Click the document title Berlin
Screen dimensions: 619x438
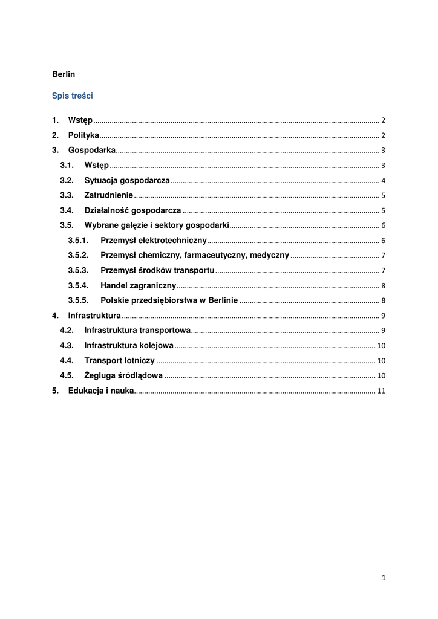(x=64, y=74)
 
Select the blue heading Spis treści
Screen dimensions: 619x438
(x=72, y=96)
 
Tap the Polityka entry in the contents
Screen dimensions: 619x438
(x=83, y=135)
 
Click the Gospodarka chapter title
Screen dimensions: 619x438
(x=91, y=151)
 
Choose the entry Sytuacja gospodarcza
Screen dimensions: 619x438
(x=126, y=181)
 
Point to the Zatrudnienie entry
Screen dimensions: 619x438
(x=108, y=196)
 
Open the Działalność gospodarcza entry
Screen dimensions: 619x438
(x=132, y=210)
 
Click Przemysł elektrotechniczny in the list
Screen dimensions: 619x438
(x=154, y=241)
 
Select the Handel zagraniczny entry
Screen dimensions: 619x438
(x=138, y=285)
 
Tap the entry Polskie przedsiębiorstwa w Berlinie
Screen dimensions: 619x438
(x=169, y=300)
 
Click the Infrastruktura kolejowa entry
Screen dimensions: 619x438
(x=129, y=346)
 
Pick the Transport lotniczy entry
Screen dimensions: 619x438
(x=119, y=361)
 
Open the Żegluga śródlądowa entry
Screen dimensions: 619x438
(x=123, y=376)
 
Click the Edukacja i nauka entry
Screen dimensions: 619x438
(x=100, y=391)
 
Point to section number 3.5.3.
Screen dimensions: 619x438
(x=78, y=270)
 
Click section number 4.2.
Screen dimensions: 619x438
(x=67, y=331)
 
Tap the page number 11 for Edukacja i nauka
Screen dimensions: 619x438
(x=381, y=391)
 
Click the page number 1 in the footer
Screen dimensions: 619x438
(x=384, y=578)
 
